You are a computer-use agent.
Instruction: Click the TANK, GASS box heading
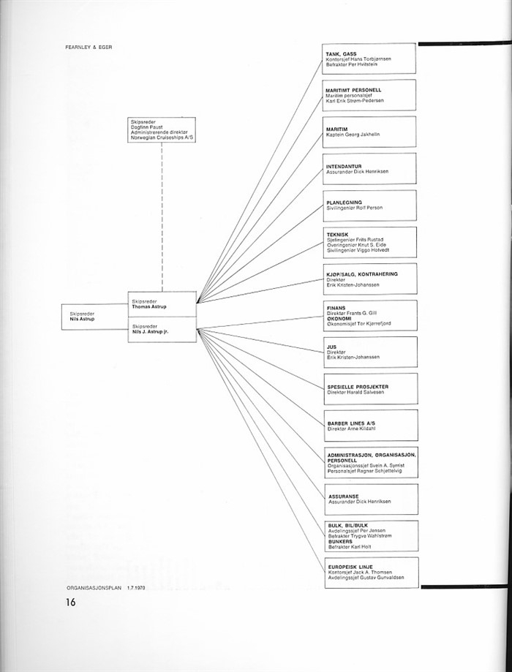click(341, 54)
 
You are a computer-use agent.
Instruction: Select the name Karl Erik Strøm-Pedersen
click(354, 101)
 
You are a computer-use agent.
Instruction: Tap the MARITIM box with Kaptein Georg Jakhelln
click(369, 132)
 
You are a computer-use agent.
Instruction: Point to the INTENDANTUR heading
click(344, 166)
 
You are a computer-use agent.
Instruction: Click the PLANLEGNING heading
click(344, 203)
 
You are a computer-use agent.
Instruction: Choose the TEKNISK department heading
click(337, 235)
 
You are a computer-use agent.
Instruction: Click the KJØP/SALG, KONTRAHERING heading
click(362, 274)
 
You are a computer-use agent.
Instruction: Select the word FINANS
click(336, 308)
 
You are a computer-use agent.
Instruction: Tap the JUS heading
click(331, 347)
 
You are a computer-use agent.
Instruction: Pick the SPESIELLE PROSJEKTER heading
click(358, 387)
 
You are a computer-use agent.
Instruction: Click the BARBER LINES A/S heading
click(351, 423)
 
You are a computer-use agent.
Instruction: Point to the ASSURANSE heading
click(344, 497)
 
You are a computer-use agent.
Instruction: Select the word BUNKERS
click(340, 542)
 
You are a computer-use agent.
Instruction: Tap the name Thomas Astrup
click(148, 307)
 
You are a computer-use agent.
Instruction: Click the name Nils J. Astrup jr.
click(150, 332)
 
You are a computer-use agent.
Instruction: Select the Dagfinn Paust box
click(162, 130)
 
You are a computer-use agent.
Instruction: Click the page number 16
click(71, 602)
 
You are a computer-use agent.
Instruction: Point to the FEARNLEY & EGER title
click(89, 47)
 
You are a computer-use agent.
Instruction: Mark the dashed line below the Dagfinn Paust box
click(162, 217)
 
